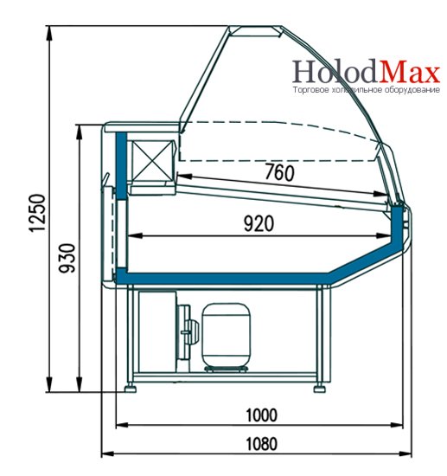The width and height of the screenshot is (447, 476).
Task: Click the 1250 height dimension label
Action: coord(37,213)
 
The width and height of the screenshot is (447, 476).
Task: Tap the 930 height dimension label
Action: coord(67,258)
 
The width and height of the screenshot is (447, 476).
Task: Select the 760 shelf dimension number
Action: coord(279,172)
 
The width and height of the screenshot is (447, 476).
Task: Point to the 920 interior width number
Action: coord(259,223)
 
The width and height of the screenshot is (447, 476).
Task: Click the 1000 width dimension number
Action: coord(261,415)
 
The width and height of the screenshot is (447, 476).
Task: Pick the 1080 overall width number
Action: coord(261,444)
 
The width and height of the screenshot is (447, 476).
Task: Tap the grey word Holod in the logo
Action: coord(336,71)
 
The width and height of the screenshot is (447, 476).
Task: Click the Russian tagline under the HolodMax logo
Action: coord(366,90)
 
